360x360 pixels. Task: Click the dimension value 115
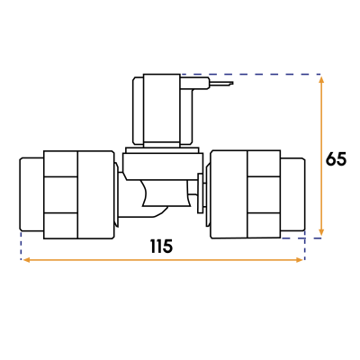point(161,246)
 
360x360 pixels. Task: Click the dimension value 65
point(336,159)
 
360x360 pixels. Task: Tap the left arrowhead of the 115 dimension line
point(24,260)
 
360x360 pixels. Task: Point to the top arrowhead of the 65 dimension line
point(321,79)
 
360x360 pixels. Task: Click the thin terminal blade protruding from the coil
point(220,85)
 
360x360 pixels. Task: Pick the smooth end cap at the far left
point(31,195)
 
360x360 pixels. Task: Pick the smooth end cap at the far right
point(293,195)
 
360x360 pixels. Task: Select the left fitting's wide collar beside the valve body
point(94,195)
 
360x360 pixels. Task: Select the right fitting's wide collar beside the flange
point(228,195)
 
